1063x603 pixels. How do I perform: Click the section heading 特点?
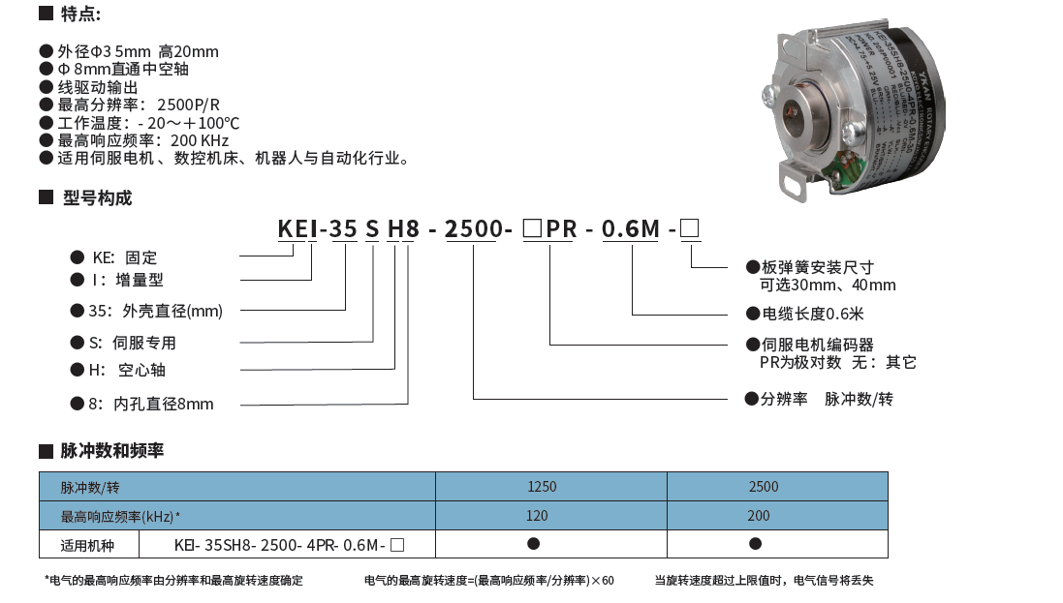(80, 15)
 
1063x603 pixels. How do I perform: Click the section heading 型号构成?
(97, 198)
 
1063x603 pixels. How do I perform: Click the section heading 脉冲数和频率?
(111, 451)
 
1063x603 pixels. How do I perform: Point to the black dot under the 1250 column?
(533, 544)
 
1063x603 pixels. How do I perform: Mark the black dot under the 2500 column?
(755, 544)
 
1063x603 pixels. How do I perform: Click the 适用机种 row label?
(87, 545)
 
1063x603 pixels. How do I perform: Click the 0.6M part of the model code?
(630, 229)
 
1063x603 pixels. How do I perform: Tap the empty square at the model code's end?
(690, 229)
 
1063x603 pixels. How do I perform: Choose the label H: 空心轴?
(133, 370)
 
